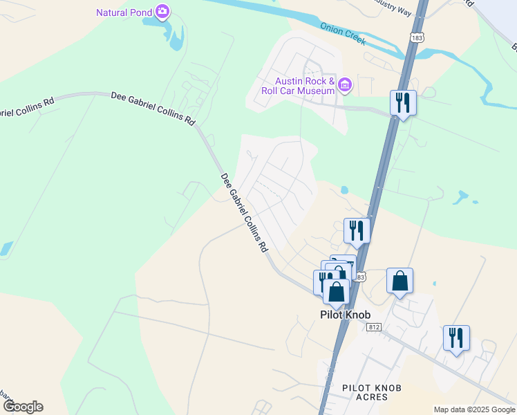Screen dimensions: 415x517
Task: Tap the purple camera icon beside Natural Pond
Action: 162,11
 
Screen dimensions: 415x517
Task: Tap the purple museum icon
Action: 344,85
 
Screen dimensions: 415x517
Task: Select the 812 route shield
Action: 375,326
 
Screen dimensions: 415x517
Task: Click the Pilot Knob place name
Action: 345,315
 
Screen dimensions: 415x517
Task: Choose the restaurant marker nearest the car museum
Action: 403,102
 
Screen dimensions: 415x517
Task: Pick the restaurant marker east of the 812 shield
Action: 456,338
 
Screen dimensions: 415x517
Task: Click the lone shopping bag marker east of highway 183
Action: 399,281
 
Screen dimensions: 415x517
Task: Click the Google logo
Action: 23,407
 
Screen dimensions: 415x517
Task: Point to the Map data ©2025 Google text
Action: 475,409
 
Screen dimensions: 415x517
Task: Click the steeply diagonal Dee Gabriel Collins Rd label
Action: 244,212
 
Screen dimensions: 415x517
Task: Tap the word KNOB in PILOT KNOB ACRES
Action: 388,388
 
